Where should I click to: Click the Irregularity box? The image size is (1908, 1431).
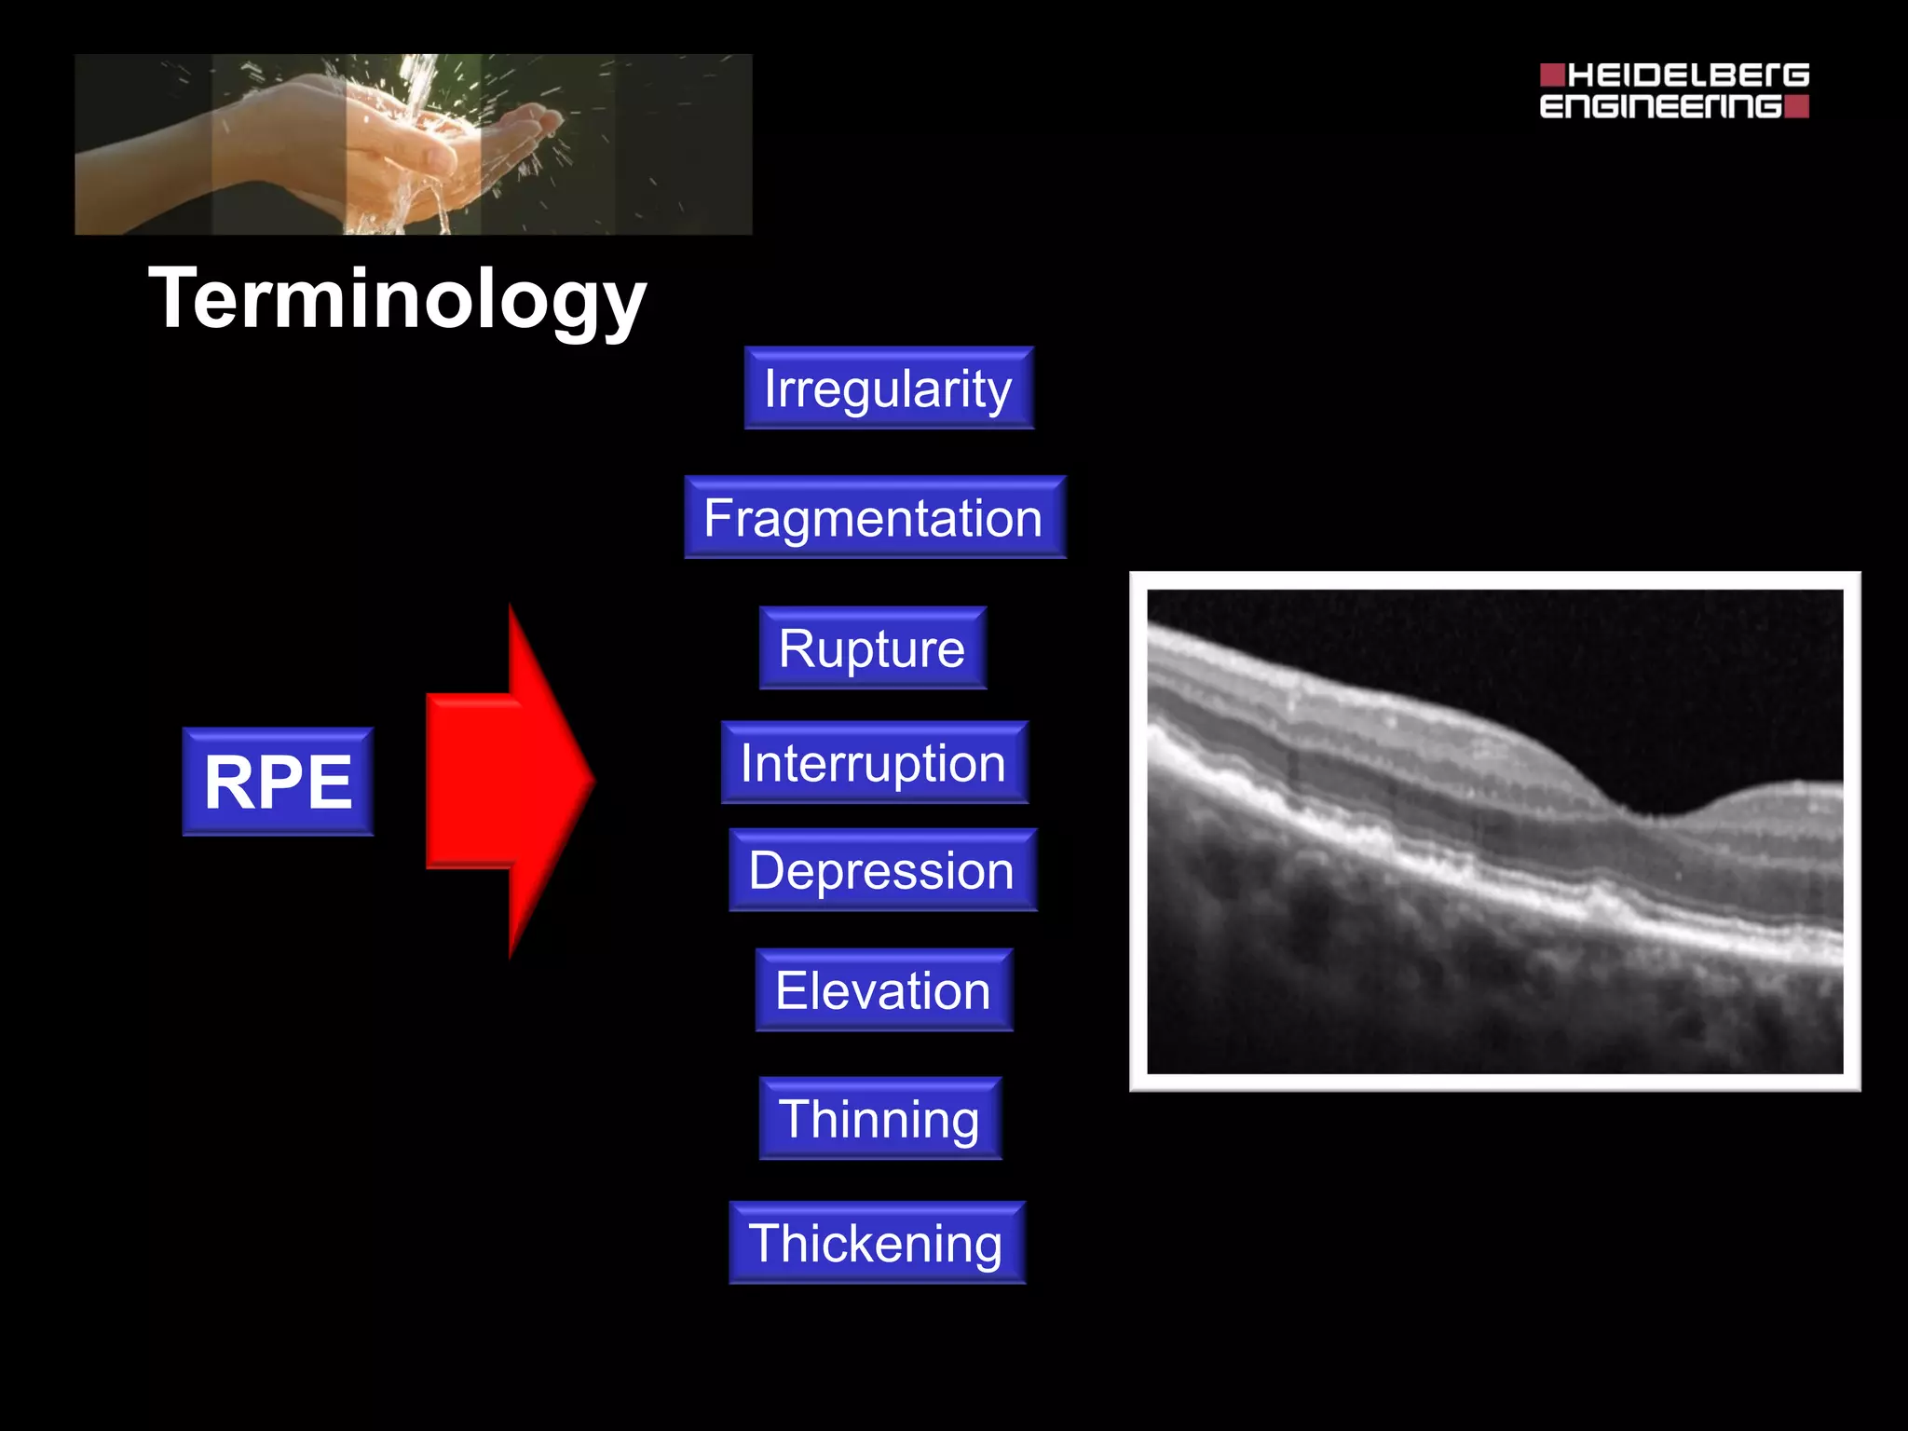coord(889,388)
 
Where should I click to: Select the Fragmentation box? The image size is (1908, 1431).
coord(874,518)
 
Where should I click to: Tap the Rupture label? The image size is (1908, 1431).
coord(872,648)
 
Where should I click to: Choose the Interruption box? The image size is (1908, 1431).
coord(874,763)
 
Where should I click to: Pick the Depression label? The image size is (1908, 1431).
coord(881,870)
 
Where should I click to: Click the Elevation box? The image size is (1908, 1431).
coord(883,990)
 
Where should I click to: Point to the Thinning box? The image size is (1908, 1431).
coord(879,1119)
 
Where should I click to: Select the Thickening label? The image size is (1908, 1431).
coord(876,1243)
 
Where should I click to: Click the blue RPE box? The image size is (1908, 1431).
coord(278,782)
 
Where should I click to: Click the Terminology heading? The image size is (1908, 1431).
coord(397,299)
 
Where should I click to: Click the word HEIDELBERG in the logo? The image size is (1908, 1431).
coord(1687,75)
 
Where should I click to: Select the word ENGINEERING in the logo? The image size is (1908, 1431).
coord(1660,106)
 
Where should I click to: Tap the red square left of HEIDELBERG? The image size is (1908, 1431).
coord(1552,75)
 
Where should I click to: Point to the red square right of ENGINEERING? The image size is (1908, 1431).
coord(1797,106)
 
